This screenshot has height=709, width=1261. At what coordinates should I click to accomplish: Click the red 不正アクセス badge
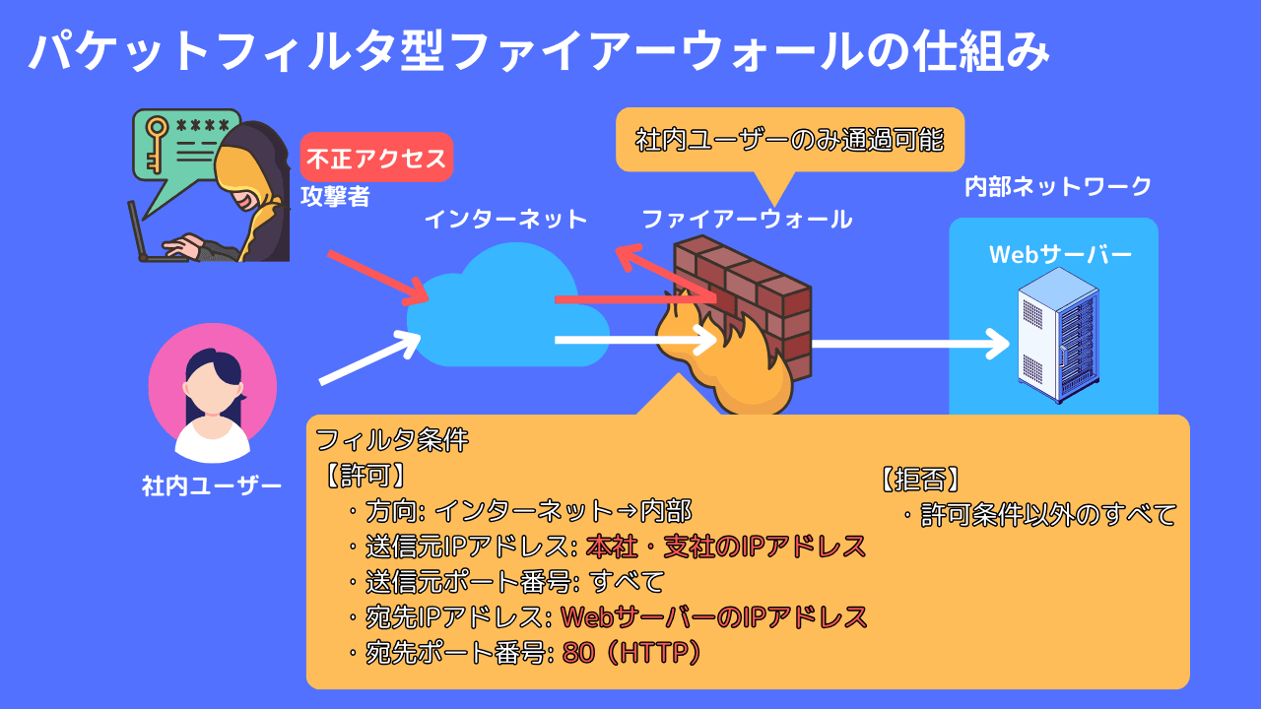[x=376, y=158]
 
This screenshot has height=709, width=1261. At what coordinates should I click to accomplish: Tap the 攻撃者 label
[x=335, y=197]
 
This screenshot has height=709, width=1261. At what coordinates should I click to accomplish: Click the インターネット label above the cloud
[x=505, y=220]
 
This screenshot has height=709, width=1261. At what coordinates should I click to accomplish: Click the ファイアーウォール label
[x=747, y=220]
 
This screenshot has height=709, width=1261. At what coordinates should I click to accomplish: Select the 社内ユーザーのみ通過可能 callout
[x=789, y=140]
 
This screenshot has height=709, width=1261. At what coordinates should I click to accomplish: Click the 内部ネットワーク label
[x=1057, y=187]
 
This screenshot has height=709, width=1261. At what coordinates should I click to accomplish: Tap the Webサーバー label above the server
[x=1060, y=255]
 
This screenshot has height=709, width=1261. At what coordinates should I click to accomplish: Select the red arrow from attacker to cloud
[x=377, y=277]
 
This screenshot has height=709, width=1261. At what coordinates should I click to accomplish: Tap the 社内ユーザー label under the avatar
[x=212, y=485]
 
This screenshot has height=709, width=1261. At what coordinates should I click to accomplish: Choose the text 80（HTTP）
[x=631, y=653]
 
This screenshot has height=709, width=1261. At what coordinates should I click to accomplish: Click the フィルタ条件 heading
[x=392, y=440]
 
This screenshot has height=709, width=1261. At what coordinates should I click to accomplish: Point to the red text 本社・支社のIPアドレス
[x=726, y=546]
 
